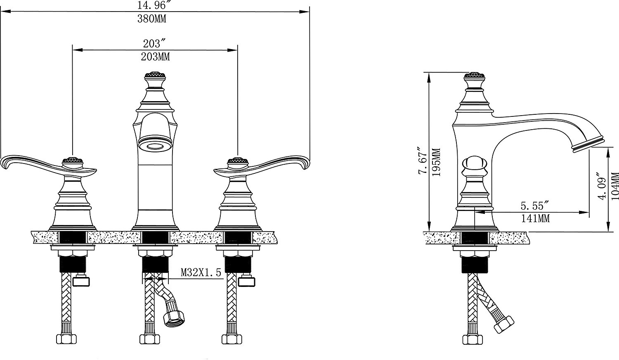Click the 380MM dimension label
click(152, 19)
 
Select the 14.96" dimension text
click(151, 5)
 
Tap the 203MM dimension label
click(155, 57)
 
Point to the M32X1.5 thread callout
click(201, 272)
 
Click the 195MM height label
click(436, 162)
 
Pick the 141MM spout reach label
click(535, 218)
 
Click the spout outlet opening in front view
click(155, 146)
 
